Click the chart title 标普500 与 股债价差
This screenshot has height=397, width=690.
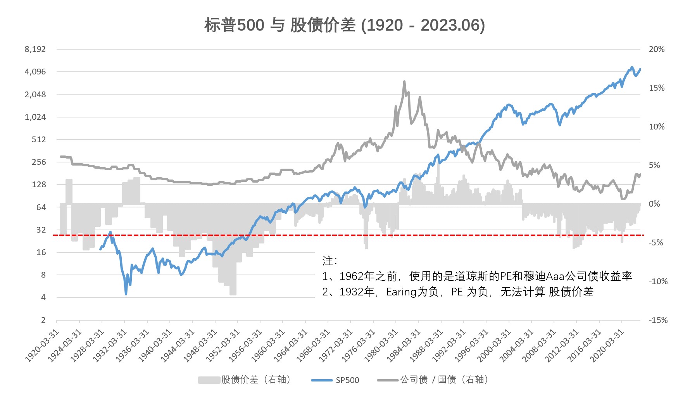pos(344,26)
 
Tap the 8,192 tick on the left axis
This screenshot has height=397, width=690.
pos(35,49)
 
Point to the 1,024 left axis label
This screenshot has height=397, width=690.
pos(35,117)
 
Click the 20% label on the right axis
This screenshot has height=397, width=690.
pos(656,49)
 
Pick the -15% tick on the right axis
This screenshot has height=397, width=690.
pos(658,320)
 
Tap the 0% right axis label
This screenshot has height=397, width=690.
pos(654,204)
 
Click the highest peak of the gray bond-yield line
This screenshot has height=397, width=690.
pos(404,82)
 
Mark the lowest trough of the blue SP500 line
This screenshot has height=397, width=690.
pos(126,294)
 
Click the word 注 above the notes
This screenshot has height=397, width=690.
pos(328,261)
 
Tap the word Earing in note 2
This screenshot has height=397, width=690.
pos(401,292)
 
